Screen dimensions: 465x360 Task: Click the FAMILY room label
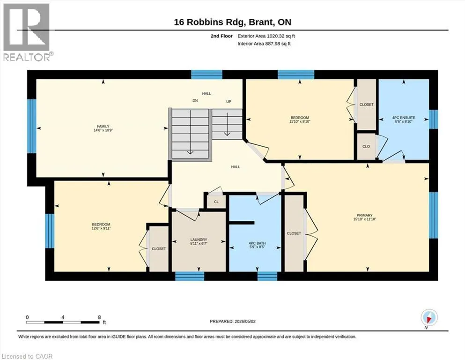point(103,126)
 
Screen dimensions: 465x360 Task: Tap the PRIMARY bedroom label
point(364,215)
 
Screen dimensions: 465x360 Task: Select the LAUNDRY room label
point(199,240)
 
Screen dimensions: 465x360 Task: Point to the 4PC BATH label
point(257,243)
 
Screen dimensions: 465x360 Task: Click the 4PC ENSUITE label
point(404,118)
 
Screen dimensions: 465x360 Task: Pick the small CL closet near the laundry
point(216,202)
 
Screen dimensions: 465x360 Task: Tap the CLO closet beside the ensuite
point(366,146)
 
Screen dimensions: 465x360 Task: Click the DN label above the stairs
point(195,101)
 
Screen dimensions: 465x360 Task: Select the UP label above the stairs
point(229,102)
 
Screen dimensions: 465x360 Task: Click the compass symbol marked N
point(429,318)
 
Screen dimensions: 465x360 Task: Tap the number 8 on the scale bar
point(99,317)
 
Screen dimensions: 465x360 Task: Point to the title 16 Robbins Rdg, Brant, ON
point(232,22)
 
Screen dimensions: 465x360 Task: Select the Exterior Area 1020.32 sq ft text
point(266,36)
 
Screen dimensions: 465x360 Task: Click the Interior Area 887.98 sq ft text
point(264,44)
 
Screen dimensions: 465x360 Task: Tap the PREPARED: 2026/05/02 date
point(232,321)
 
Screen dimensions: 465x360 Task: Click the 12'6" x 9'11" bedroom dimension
point(101,228)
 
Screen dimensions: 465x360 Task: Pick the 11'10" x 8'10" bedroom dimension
point(300,121)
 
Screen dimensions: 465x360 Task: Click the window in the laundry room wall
point(190,276)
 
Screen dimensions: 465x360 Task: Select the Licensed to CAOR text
point(27,356)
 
